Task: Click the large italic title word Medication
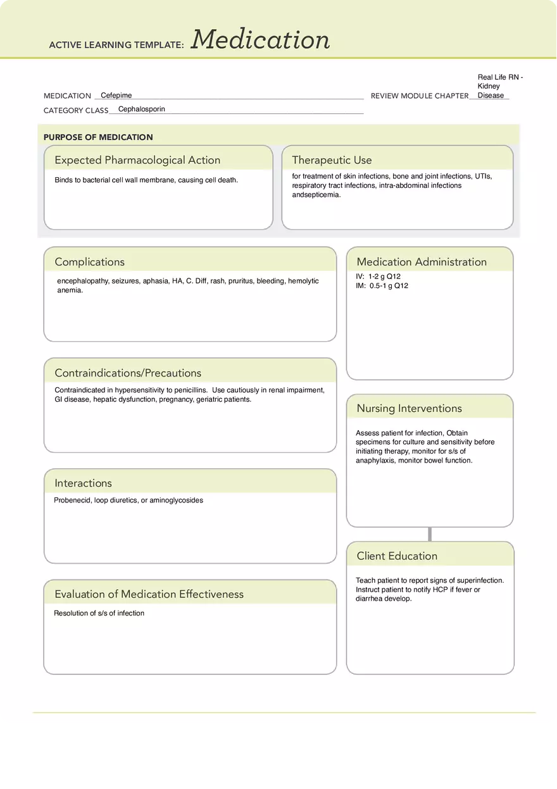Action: click(260, 40)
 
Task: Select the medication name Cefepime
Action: click(116, 96)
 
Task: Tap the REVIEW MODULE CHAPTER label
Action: click(419, 96)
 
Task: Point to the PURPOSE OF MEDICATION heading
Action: click(98, 137)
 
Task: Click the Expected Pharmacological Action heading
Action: click(137, 160)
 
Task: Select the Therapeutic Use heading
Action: click(332, 160)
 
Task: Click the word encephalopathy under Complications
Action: click(82, 281)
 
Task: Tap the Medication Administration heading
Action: click(422, 262)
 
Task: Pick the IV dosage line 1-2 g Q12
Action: click(379, 276)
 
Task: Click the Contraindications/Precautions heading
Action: click(128, 373)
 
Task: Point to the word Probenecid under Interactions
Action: click(72, 500)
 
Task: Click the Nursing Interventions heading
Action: click(409, 408)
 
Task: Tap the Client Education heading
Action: click(397, 556)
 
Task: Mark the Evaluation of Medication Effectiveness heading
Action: click(149, 594)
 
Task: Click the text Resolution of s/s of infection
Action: click(99, 613)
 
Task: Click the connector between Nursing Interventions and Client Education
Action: click(430, 534)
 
